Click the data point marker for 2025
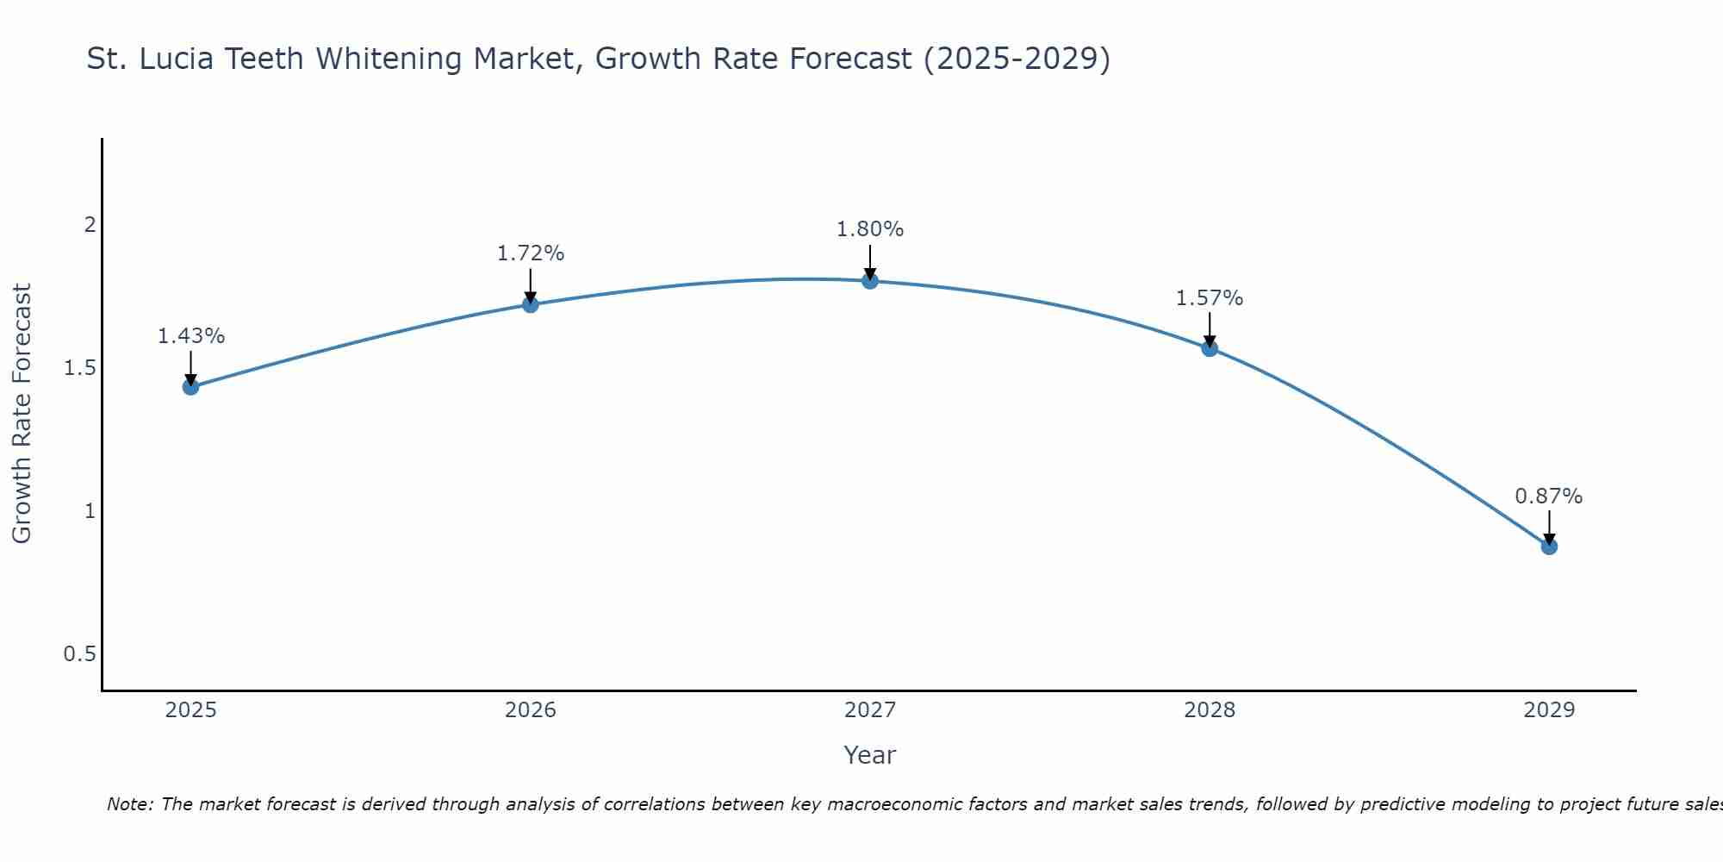(190, 387)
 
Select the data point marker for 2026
(531, 304)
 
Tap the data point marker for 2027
(870, 281)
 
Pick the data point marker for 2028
(1210, 348)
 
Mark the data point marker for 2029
(1549, 547)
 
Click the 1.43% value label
(190, 336)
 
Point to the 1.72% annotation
(531, 253)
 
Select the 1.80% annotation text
(870, 229)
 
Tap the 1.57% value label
(1210, 298)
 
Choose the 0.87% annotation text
(1549, 497)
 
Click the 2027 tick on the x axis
(870, 710)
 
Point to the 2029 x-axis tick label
(1549, 710)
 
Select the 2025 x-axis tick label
(190, 710)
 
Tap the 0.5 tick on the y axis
(79, 654)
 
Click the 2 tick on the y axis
(89, 225)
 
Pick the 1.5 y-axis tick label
(79, 368)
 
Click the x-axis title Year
(870, 755)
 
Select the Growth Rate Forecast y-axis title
(22, 414)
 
